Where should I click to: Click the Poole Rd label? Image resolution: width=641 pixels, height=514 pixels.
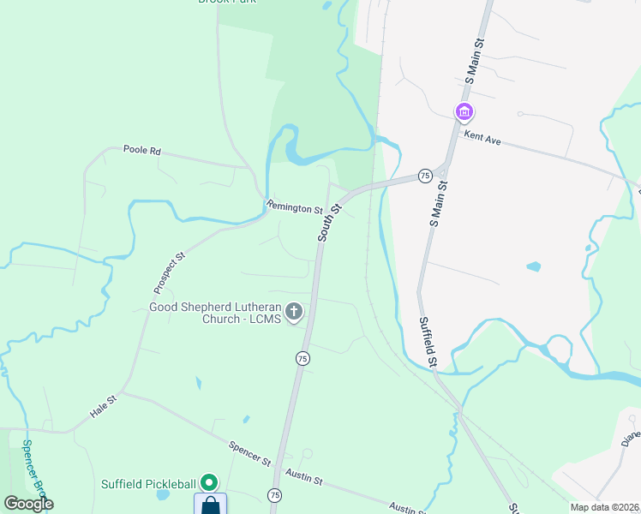(142, 150)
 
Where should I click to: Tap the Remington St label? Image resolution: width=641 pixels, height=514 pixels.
(294, 207)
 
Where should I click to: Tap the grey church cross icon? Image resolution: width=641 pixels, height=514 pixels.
(294, 312)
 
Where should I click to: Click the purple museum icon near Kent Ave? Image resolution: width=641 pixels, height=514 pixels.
(464, 112)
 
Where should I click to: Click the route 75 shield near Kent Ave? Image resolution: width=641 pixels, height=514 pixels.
(424, 176)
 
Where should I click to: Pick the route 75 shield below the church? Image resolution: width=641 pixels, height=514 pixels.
(303, 359)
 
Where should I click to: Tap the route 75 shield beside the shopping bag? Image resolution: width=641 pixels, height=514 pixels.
(274, 495)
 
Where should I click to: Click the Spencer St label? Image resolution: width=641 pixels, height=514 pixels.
(249, 453)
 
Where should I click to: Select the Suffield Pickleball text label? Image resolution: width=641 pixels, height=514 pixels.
(149, 484)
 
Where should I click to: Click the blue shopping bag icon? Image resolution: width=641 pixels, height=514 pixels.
(210, 505)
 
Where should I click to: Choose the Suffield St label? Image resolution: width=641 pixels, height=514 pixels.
(429, 343)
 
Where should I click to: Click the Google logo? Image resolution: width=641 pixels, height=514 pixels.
(28, 504)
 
